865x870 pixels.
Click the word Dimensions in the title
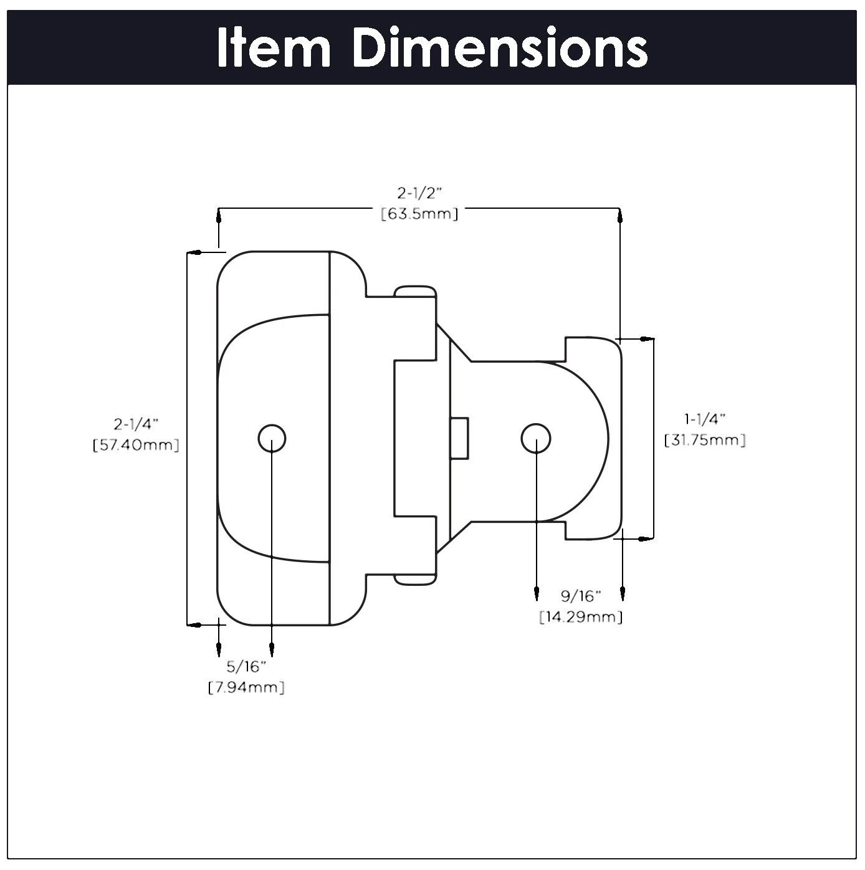pyautogui.click(x=500, y=49)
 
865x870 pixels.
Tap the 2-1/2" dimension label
pyautogui.click(x=419, y=194)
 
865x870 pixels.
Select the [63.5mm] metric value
pyautogui.click(x=419, y=214)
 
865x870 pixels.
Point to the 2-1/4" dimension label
pyautogui.click(x=136, y=424)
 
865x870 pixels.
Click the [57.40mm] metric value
pyautogui.click(x=136, y=446)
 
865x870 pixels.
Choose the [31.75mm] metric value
pyautogui.click(x=705, y=440)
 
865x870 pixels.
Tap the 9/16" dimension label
pyautogui.click(x=580, y=596)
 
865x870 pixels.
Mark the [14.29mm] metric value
pyautogui.click(x=580, y=618)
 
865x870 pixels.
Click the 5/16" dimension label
pyautogui.click(x=246, y=667)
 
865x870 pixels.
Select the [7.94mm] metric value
pyautogui.click(x=246, y=688)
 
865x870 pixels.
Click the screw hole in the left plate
pyautogui.click(x=272, y=439)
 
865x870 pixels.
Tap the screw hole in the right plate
pyautogui.click(x=535, y=439)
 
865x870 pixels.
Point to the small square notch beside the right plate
pyautogui.click(x=461, y=438)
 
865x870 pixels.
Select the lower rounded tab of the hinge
pyautogui.click(x=415, y=578)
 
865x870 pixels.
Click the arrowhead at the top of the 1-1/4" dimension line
pyautogui.click(x=647, y=339)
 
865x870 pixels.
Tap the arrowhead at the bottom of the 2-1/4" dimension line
pyautogui.click(x=195, y=624)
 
